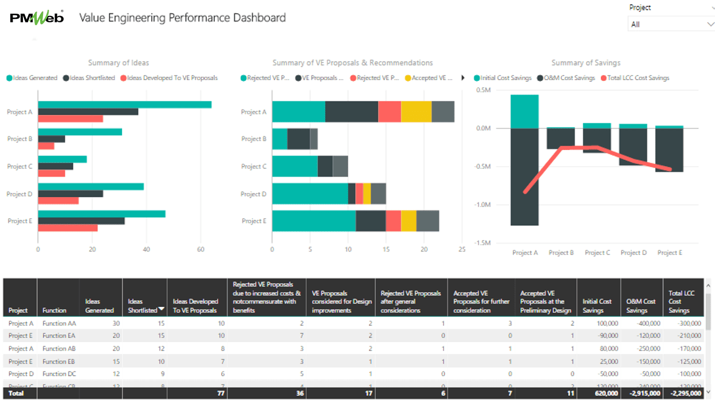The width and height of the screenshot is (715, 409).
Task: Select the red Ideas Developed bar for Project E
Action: click(x=68, y=228)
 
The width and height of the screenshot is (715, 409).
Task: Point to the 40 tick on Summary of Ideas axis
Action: click(x=146, y=249)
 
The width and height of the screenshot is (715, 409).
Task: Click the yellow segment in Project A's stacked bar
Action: click(x=416, y=112)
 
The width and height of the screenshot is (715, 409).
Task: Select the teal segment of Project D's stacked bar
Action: click(x=309, y=194)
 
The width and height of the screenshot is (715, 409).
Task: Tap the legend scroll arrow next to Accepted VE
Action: click(x=462, y=78)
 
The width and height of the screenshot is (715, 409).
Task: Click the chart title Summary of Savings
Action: click(x=586, y=62)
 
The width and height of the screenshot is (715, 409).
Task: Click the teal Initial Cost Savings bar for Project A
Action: click(x=524, y=111)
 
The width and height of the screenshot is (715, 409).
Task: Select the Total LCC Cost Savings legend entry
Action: click(x=638, y=78)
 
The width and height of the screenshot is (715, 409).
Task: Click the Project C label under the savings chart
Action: click(x=597, y=253)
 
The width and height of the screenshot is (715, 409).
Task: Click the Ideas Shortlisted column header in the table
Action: click(x=143, y=305)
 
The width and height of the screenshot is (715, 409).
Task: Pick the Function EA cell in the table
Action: click(x=59, y=336)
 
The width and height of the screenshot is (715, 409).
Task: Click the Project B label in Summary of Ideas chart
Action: click(x=19, y=139)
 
